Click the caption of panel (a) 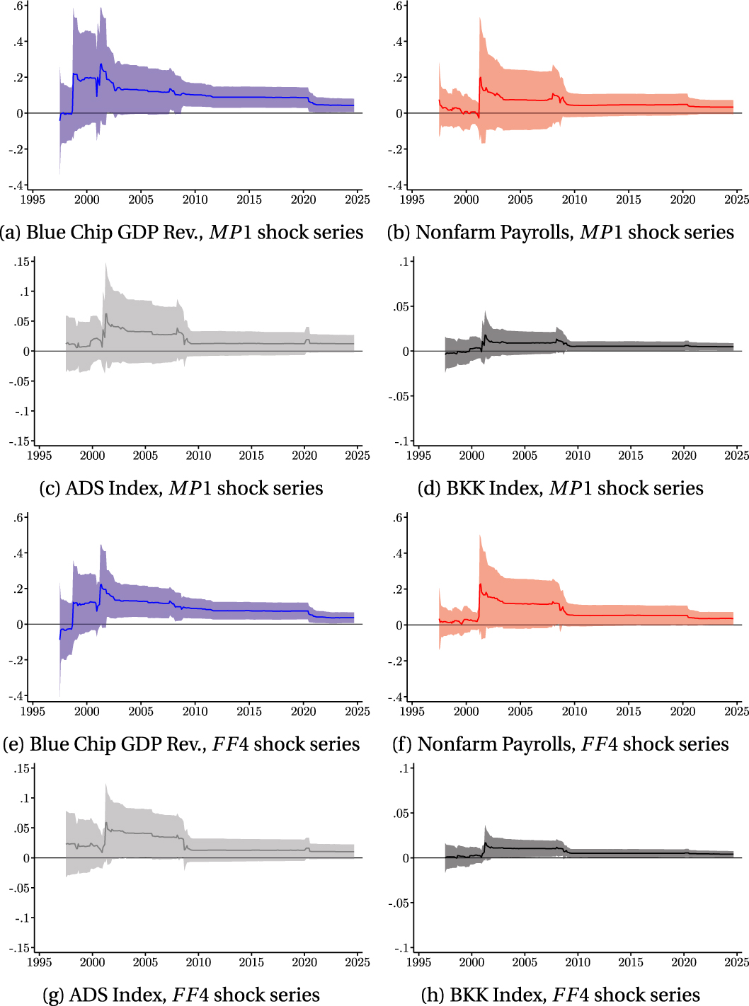click(182, 232)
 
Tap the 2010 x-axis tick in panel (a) click(195, 200)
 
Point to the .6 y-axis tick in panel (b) click(398, 6)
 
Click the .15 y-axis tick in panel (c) click(22, 262)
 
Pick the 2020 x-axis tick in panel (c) click(304, 456)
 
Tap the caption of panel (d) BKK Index click(560, 488)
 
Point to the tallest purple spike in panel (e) click(101, 545)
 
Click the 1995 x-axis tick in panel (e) click(33, 712)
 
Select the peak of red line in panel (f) click(480, 584)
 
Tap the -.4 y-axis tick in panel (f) click(396, 697)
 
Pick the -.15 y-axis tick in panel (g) click(19, 948)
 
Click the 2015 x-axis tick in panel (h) click(631, 962)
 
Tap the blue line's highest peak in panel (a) click(101, 64)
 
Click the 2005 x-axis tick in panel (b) click(520, 200)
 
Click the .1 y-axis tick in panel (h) click(404, 768)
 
